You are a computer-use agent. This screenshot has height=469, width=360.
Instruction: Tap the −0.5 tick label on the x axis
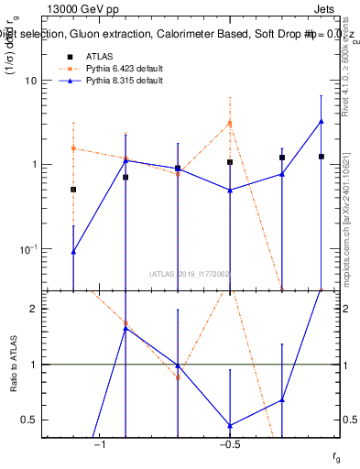230,444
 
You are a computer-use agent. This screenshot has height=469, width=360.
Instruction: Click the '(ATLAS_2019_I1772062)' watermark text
191,274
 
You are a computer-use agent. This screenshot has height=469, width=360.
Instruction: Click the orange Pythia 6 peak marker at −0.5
230,123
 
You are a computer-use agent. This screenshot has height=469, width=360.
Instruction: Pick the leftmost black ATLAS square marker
73,190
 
